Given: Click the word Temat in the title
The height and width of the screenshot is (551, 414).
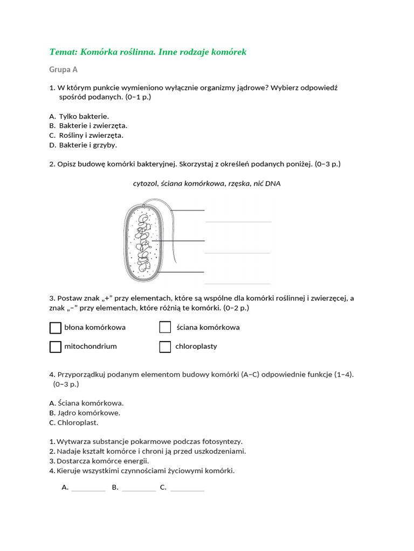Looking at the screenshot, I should tap(64, 52).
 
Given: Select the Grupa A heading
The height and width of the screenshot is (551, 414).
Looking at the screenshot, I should tap(64, 69).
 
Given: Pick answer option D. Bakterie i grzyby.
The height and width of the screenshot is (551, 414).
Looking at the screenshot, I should tap(83, 145).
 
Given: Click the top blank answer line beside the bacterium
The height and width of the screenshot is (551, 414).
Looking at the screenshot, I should tap(238, 221).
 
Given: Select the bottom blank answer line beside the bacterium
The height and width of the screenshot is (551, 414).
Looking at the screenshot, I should tap(238, 283).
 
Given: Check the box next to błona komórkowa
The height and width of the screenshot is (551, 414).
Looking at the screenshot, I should tap(55, 328).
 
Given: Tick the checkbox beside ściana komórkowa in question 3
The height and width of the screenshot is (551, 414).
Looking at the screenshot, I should tap(165, 328).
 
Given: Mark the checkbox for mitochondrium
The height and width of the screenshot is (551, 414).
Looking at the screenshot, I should tap(55, 347).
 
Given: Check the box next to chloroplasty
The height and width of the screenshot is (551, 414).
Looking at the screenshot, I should tap(165, 347).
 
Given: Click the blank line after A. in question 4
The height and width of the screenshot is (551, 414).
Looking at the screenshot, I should tap(88, 490).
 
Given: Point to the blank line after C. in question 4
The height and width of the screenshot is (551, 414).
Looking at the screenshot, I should tap(187, 490).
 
